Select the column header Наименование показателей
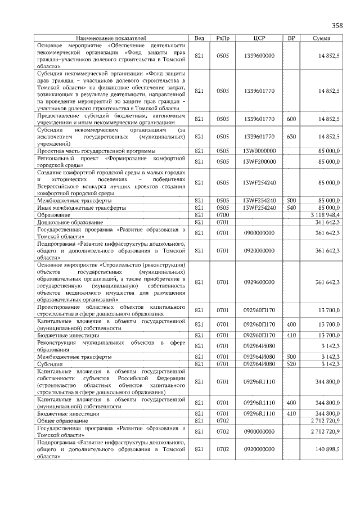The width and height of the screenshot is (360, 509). click(111, 38)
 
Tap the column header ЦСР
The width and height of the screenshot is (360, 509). click(259, 38)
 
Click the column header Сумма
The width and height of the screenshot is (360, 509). click(321, 38)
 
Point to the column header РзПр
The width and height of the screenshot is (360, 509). click(223, 38)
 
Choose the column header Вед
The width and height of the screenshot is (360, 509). click(199, 38)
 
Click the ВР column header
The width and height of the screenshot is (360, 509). click(291, 38)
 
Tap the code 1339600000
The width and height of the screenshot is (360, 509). click(259, 56)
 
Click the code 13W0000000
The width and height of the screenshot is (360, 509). click(259, 151)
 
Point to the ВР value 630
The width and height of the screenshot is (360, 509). click(291, 137)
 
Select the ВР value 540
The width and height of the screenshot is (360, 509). click(291, 208)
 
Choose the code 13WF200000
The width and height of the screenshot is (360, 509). click(259, 162)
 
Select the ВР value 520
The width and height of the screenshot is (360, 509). click(291, 364)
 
